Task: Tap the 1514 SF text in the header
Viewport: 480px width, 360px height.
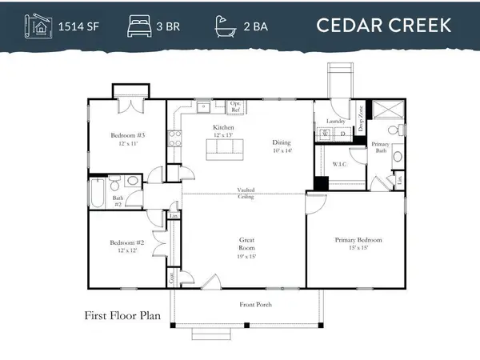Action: [x=78, y=26]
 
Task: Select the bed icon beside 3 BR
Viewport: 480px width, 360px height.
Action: [x=138, y=26]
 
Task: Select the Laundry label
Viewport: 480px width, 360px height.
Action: [x=335, y=122]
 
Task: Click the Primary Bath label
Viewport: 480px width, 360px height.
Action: [x=381, y=146]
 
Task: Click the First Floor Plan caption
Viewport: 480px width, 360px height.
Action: [x=122, y=315]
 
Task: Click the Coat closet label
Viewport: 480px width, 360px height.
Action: [x=171, y=278]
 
